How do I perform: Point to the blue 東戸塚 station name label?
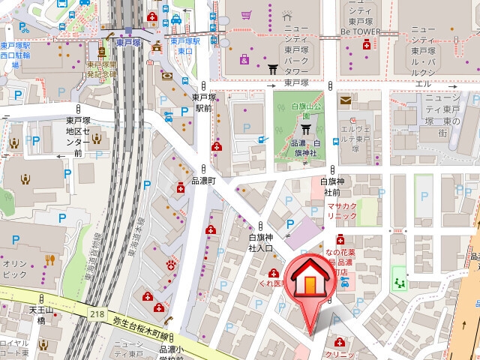tap(130, 43)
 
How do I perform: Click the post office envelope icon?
tap(345, 100)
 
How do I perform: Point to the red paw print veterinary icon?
tap(172, 264)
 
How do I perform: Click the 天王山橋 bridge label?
tap(41, 315)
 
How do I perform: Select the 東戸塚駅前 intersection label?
tap(204, 102)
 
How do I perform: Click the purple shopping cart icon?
tap(244, 59)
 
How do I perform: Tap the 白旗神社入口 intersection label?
tap(260, 242)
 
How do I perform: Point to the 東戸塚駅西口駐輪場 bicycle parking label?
tap(15, 49)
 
